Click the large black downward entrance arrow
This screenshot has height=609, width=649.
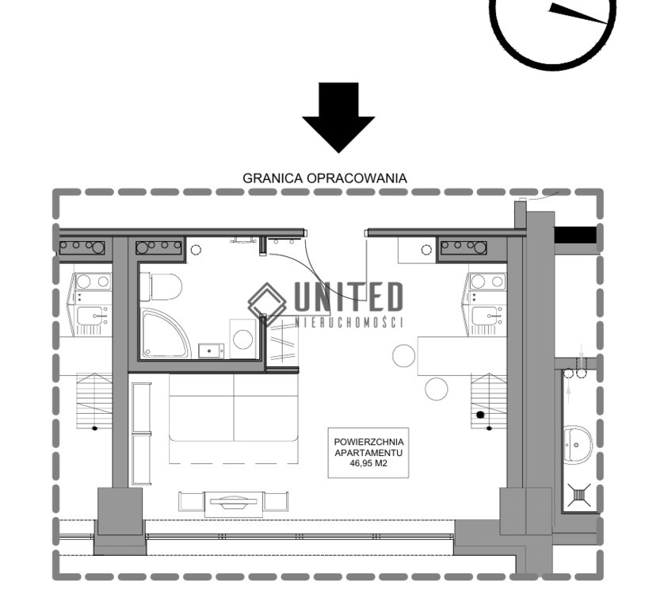[x=338, y=118]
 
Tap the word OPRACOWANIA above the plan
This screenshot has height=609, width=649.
[x=357, y=178]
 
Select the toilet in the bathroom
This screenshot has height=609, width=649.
[x=161, y=287]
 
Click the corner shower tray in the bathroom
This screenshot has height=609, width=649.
[x=166, y=334]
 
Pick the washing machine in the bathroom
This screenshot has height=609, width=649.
[x=243, y=339]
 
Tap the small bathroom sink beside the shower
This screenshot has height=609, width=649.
[x=211, y=351]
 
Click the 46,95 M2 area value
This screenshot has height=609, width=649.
[x=368, y=464]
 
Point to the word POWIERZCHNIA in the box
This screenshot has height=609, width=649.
[x=368, y=442]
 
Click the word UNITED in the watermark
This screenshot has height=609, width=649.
[x=348, y=297]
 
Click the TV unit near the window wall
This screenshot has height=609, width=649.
[x=234, y=504]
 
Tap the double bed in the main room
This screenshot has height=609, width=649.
[x=234, y=419]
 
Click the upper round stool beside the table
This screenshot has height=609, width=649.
[x=403, y=355]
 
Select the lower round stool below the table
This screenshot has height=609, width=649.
[x=437, y=389]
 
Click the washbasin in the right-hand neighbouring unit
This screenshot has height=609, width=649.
[x=578, y=445]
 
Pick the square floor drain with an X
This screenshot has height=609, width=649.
[x=579, y=495]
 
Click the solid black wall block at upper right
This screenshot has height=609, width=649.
[x=575, y=235]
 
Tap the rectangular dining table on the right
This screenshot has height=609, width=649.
[x=462, y=356]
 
